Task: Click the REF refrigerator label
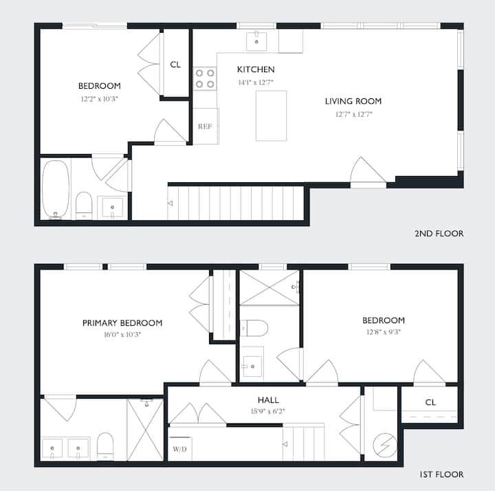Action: [205, 127]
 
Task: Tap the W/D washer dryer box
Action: [180, 448]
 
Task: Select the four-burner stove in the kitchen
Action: [205, 78]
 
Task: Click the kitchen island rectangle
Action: [271, 116]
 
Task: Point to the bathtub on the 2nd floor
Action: [56, 189]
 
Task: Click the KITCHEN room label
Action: [256, 69]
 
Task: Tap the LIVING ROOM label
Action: [353, 101]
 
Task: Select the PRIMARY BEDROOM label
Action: [122, 323]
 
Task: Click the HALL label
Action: [268, 400]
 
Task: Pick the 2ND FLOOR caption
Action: [439, 234]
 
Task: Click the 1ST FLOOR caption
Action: [441, 474]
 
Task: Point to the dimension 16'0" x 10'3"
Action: [122, 335]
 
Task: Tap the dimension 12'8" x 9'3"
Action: [384, 332]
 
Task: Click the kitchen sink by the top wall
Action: [256, 41]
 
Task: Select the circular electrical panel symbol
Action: [385, 444]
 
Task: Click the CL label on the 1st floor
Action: [430, 402]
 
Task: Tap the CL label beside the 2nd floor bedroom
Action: [175, 65]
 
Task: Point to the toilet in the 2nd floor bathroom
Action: [84, 206]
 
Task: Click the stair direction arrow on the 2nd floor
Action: [170, 204]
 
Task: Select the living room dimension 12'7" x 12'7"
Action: [354, 114]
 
